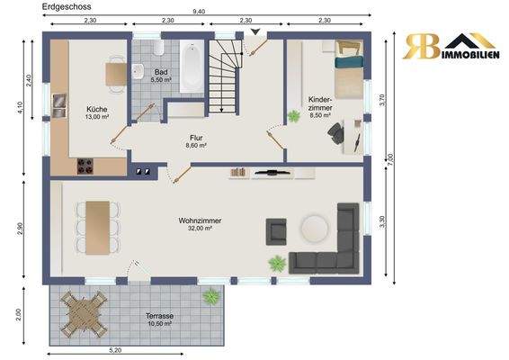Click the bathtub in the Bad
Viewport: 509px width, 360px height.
pos(192,67)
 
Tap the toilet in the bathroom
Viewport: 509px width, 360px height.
pos(159,48)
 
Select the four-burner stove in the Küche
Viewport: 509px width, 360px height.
pos(85,166)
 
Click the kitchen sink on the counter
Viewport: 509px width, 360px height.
pos(59,105)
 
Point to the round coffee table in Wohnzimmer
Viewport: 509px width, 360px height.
pos(314,228)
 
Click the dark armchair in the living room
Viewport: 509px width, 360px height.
pos(276,231)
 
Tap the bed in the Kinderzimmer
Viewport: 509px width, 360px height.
pos(349,69)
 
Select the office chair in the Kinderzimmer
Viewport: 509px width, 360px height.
pos(335,132)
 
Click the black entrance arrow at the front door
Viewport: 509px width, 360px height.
pos(255,31)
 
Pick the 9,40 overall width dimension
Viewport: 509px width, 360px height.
pos(199,12)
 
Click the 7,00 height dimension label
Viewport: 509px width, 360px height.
pos(390,159)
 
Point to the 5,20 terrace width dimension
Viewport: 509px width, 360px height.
pos(115,350)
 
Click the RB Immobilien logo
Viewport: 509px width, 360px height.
pos(451,46)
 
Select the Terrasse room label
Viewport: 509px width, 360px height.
pos(159,316)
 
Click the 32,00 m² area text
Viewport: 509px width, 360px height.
pos(200,229)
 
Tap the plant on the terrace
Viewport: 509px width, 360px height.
pos(211,296)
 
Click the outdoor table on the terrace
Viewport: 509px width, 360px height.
pos(84,314)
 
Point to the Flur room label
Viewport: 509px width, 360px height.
pos(196,138)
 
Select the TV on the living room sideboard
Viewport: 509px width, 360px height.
pos(272,173)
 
